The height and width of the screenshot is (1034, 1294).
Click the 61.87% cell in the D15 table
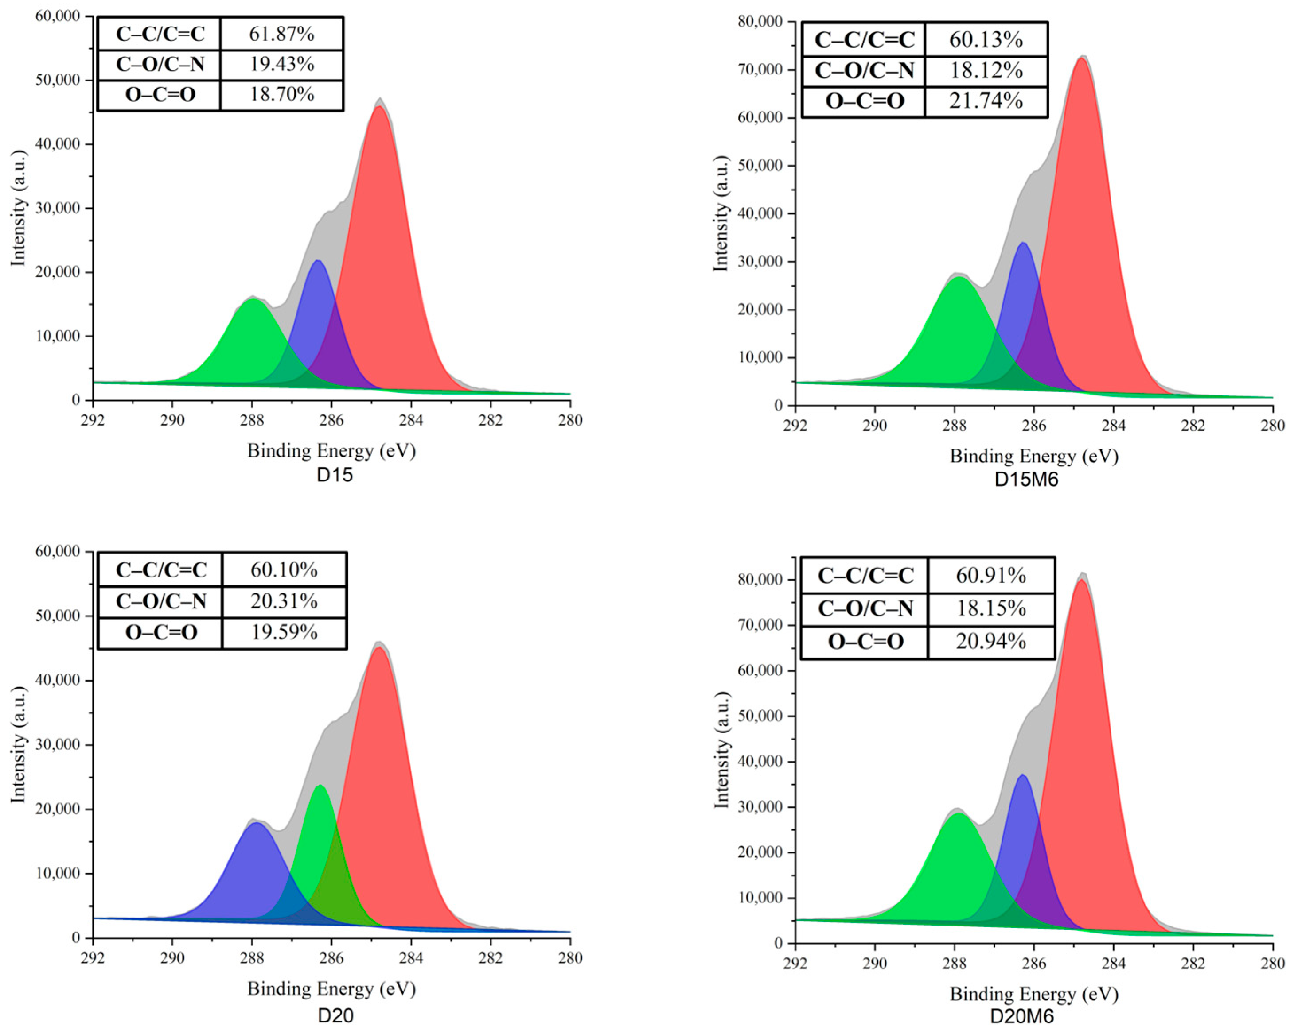(281, 34)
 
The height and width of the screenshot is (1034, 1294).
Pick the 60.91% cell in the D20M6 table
(990, 576)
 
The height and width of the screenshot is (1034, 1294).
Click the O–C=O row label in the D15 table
(160, 95)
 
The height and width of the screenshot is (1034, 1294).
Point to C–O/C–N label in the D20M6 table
(865, 609)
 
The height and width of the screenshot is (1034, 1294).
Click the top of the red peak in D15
(379, 107)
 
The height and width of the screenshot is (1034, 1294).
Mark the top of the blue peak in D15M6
(1023, 243)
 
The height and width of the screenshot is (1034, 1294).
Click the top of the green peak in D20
(320, 785)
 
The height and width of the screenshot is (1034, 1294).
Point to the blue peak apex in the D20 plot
(256, 823)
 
